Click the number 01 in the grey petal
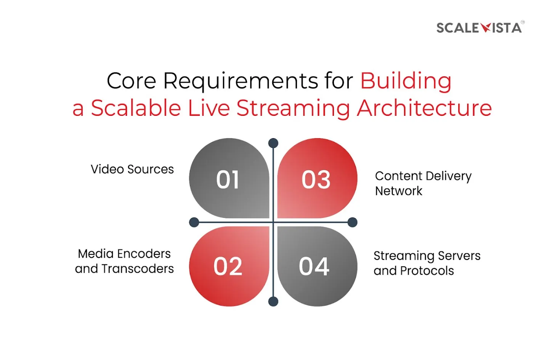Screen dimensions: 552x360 228,179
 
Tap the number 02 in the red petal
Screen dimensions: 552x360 228,266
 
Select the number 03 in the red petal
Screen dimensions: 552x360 316,179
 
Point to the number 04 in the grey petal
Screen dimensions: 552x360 314,266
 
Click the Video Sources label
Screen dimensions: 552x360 132,169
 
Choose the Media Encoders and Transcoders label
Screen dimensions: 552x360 124,261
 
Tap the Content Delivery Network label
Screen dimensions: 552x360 424,184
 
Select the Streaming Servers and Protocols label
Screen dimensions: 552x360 427,263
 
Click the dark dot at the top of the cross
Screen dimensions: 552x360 273,143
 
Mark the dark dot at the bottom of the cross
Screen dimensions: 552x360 273,301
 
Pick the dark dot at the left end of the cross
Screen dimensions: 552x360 194,222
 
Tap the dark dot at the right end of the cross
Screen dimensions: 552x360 352,222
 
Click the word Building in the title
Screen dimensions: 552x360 406,81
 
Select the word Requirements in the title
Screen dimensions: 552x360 241,81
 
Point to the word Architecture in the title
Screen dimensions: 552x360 424,108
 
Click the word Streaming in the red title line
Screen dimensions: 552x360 293,108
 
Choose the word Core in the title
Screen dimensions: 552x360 132,81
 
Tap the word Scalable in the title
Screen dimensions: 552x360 136,108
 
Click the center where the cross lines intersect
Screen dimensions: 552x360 273,222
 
